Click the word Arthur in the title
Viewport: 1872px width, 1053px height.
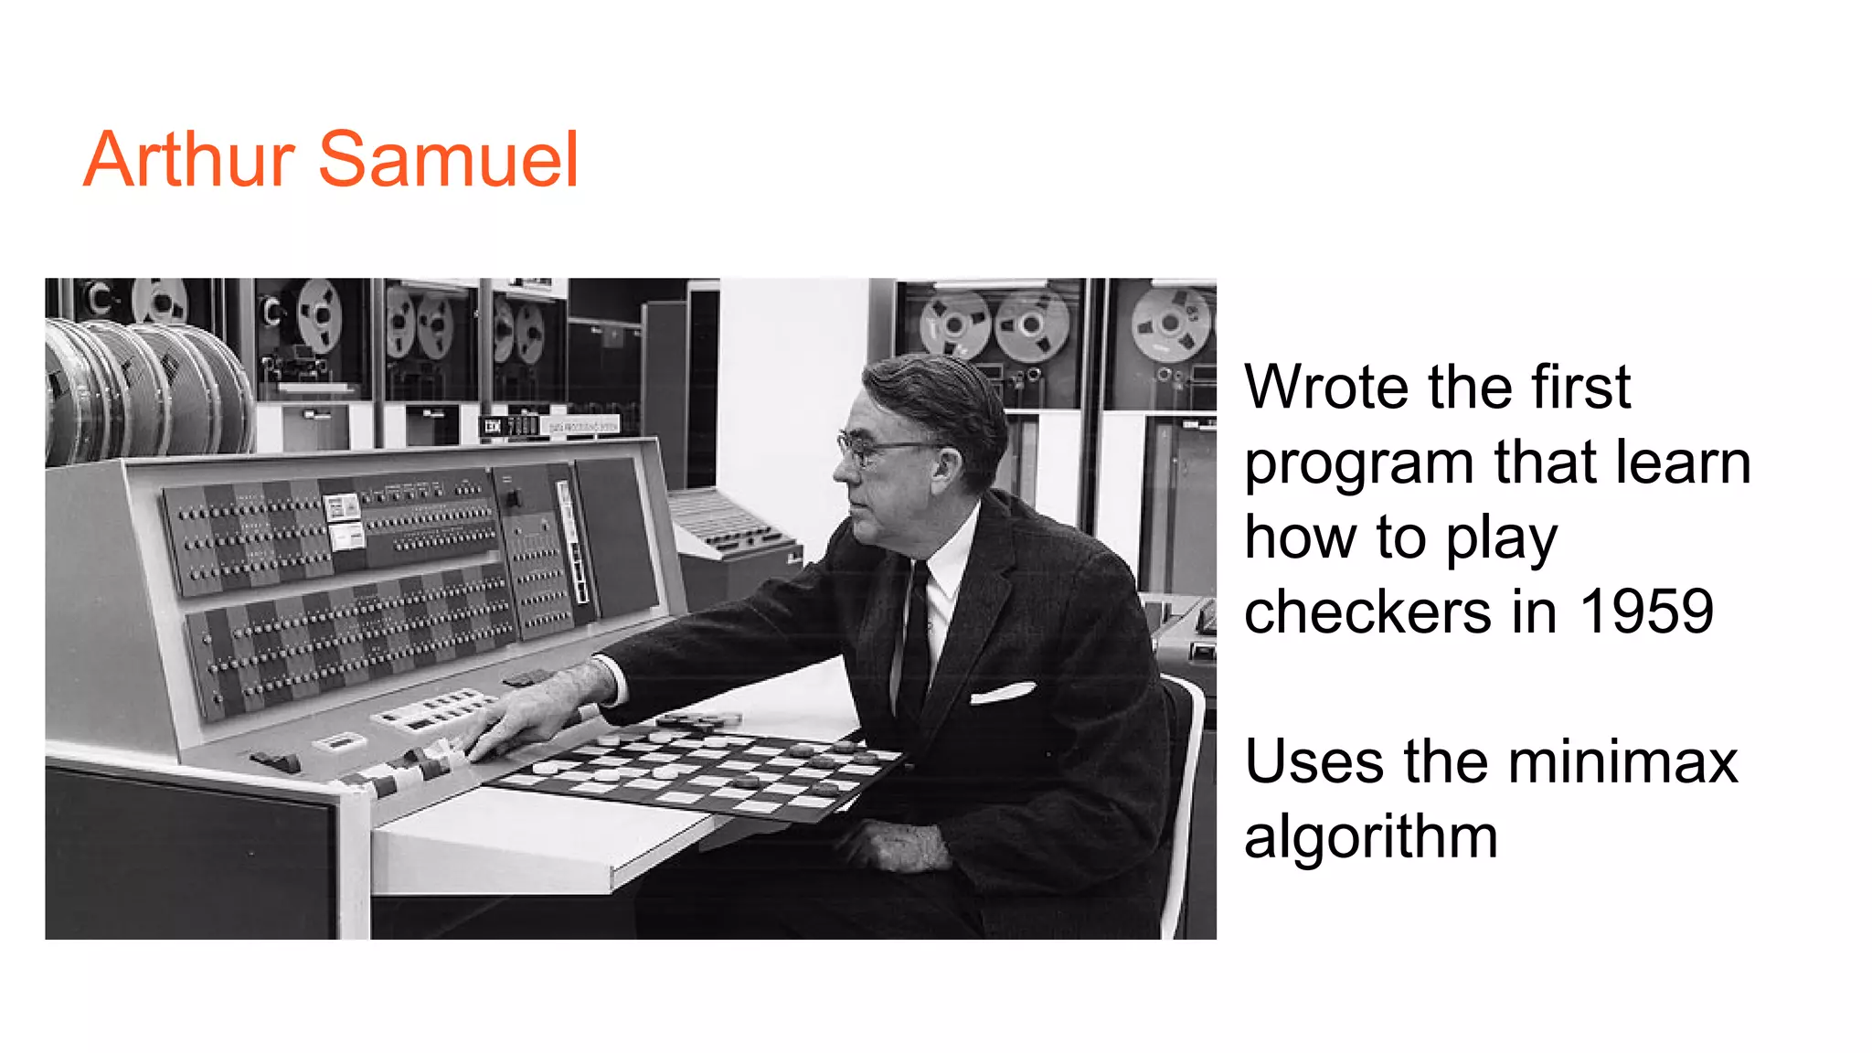pos(188,160)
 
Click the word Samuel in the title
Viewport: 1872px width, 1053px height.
pos(448,160)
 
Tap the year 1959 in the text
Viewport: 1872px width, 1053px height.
pos(1646,612)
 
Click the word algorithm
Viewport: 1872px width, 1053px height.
pos(1370,836)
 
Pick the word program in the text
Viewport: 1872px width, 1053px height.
pos(1358,463)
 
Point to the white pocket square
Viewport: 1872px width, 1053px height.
pos(1003,694)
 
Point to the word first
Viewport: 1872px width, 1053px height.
pos(1580,387)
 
